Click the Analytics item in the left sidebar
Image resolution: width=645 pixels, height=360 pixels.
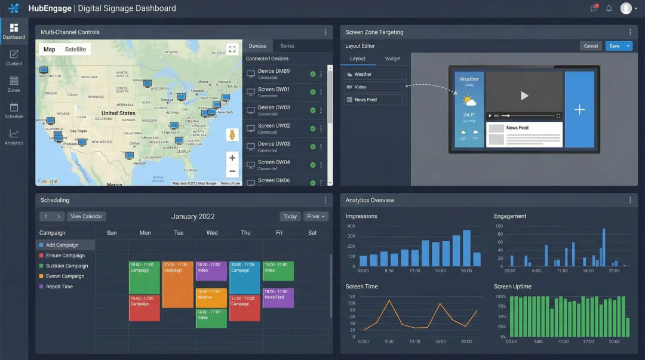tap(14, 137)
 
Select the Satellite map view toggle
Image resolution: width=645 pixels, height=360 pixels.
tap(75, 50)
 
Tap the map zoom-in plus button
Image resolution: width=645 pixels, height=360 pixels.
tap(232, 158)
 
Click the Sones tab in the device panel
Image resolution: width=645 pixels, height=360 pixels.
tap(287, 46)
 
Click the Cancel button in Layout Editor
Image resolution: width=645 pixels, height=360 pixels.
tap(591, 46)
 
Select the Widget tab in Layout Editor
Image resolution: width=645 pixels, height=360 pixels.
tap(392, 59)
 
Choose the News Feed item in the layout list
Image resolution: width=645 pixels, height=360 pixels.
tap(365, 100)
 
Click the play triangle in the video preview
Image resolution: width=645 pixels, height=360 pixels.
tap(524, 96)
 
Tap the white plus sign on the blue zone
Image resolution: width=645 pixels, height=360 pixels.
tap(579, 110)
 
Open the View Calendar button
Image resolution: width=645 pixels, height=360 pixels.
tap(87, 216)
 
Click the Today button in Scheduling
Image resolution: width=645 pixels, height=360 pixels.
tap(290, 216)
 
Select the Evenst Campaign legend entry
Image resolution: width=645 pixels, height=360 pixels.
tap(64, 276)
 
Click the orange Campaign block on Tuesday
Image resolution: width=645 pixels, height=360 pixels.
tap(178, 284)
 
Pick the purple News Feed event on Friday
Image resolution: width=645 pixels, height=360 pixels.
tap(278, 298)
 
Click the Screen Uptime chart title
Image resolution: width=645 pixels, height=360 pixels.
tap(512, 287)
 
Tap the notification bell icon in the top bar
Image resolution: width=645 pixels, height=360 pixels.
tap(609, 8)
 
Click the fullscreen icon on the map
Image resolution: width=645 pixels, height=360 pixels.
tap(232, 50)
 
